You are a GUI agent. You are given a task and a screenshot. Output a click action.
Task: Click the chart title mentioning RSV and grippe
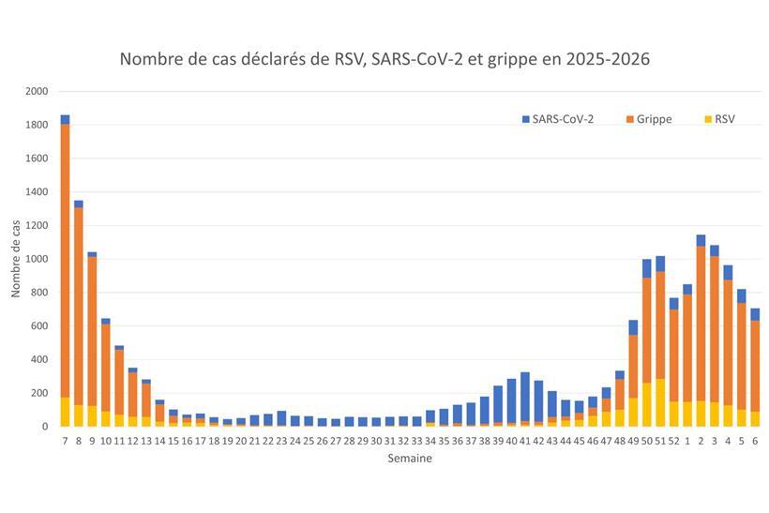pyautogui.click(x=384, y=59)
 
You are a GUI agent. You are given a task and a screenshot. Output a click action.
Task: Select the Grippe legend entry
pyautogui.click(x=654, y=119)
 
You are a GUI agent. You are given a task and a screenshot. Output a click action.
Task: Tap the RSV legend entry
pyautogui.click(x=724, y=119)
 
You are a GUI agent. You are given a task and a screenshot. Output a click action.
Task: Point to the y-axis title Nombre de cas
pyautogui.click(x=16, y=259)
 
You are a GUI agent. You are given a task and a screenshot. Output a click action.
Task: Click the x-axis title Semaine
pyautogui.click(x=410, y=459)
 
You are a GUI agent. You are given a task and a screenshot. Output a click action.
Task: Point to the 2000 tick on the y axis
pyautogui.click(x=37, y=92)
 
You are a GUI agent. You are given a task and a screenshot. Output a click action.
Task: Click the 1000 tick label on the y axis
pyautogui.click(x=37, y=259)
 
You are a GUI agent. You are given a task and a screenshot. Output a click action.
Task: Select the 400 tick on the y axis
pyautogui.click(x=39, y=359)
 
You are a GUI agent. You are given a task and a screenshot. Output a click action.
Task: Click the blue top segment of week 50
pyautogui.click(x=646, y=268)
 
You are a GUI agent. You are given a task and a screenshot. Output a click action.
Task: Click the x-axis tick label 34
pyautogui.click(x=430, y=440)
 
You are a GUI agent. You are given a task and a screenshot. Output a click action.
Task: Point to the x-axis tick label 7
pyautogui.click(x=65, y=440)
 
